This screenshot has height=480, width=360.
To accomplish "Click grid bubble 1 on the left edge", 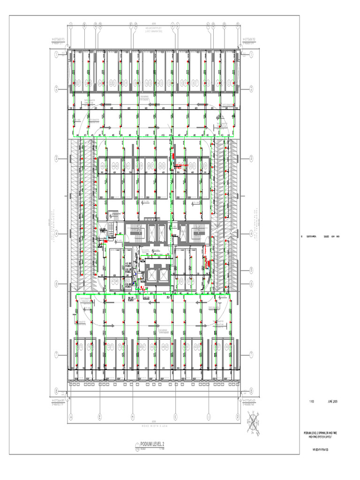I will [56, 54].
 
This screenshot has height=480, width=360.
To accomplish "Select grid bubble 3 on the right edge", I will [252, 157].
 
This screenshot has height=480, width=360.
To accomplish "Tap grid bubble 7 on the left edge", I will [56, 353].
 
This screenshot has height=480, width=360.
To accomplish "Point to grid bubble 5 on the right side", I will [252, 270].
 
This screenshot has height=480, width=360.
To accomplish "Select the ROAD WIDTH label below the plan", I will [154, 426].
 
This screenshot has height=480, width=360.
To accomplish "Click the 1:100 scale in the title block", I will [311, 402].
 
